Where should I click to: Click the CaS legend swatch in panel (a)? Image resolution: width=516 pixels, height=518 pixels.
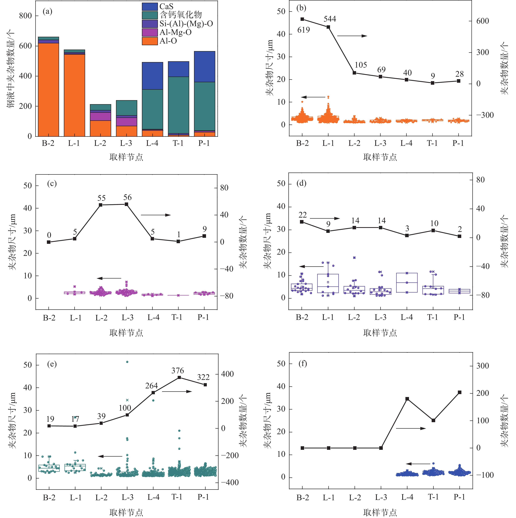pos(150,6)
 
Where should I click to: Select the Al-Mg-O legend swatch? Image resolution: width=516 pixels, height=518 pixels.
pos(150,32)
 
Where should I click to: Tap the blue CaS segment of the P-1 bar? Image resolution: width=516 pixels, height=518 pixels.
pos(205,67)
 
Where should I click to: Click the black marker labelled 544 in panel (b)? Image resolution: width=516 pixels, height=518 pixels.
pos(328,27)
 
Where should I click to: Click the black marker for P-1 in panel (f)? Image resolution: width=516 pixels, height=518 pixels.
pos(460,392)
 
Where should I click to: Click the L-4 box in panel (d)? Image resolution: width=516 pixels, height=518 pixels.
pos(407,283)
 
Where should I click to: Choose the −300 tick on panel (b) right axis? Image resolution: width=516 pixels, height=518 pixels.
pos(485,115)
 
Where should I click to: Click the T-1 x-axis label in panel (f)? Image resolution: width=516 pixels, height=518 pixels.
pos(433,497)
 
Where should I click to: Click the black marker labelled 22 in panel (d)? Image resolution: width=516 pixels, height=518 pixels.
pos(302,222)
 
